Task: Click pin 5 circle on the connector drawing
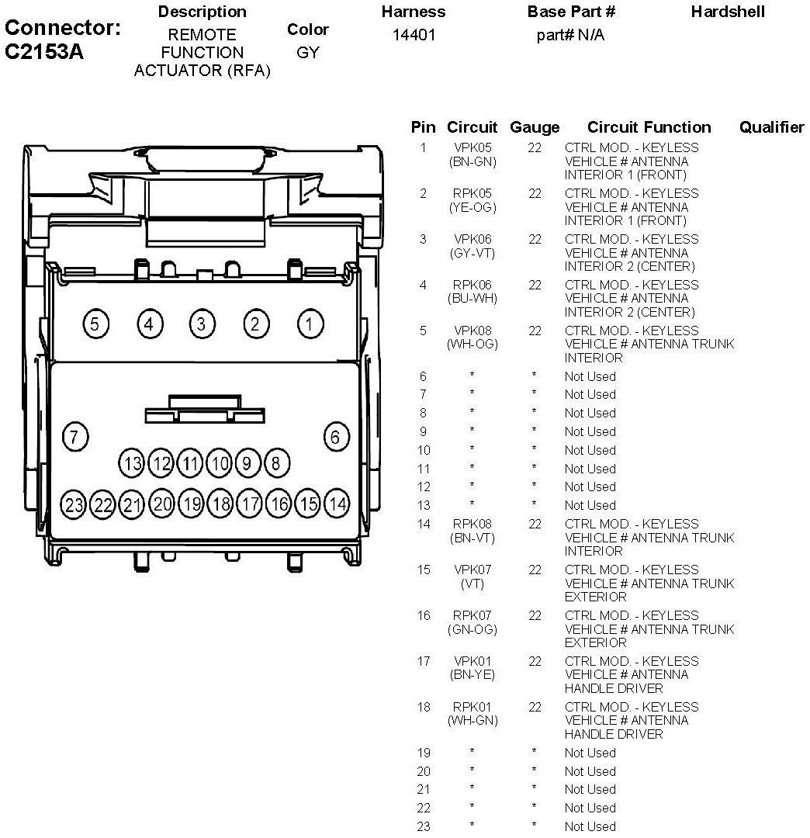[95, 324]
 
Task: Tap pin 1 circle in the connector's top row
[310, 324]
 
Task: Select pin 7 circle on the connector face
[74, 437]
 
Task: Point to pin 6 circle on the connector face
[335, 437]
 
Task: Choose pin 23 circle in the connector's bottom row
[74, 505]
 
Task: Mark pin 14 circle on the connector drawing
[337, 504]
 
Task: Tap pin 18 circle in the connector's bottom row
[221, 504]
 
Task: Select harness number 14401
[414, 36]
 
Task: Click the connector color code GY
[308, 54]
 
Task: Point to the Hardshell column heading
[728, 12]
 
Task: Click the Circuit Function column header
[649, 127]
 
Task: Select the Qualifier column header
[771, 127]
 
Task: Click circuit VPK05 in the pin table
[472, 147]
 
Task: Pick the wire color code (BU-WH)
[472, 299]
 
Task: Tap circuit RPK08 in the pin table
[472, 525]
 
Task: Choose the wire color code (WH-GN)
[472, 721]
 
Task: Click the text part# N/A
[570, 36]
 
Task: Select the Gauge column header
[535, 127]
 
